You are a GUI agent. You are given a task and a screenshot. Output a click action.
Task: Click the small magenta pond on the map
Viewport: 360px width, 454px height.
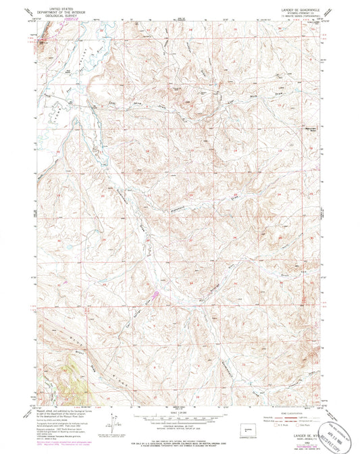[x=157, y=294]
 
